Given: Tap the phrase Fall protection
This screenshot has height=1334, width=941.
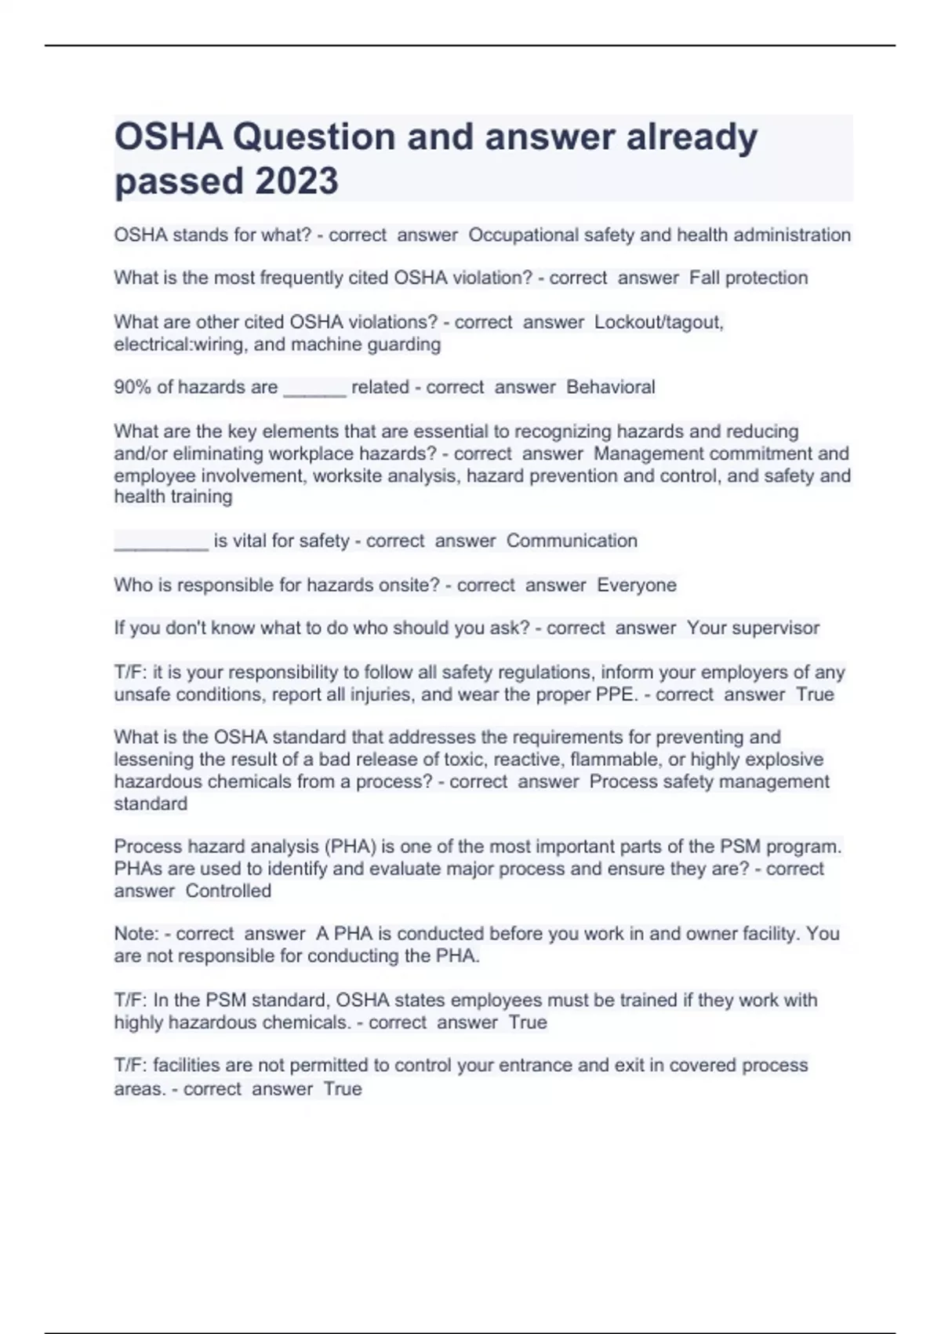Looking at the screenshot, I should [x=748, y=278].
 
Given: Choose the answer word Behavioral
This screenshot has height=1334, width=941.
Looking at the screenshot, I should [x=610, y=387].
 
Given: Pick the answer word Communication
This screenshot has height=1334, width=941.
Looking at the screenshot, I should [x=572, y=541].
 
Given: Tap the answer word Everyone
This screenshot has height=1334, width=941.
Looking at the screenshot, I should [x=636, y=585].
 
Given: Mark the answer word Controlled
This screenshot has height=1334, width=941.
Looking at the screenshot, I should [x=228, y=891].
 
